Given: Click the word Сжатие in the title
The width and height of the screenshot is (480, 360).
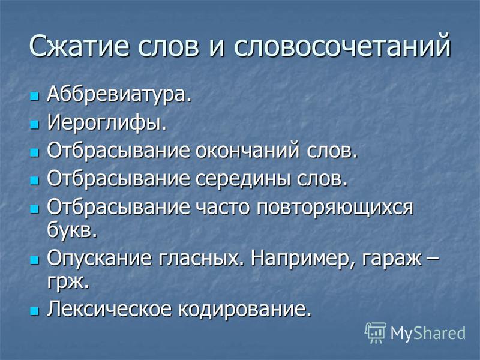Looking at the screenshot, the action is (x=79, y=46).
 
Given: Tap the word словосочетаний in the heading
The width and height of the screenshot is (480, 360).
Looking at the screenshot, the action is (x=342, y=46).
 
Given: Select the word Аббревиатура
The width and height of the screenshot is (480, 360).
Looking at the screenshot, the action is (x=119, y=95).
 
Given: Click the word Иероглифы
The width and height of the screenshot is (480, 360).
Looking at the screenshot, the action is (x=107, y=122).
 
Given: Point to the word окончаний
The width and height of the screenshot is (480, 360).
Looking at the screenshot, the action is (x=247, y=151).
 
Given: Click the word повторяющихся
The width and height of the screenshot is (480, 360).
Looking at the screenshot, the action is (x=335, y=207).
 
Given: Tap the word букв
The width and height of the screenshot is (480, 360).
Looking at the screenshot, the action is (x=72, y=230).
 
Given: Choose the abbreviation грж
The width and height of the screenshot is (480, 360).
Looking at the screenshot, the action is (x=68, y=281).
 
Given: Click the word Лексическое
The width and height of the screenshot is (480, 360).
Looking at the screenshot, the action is (x=110, y=308).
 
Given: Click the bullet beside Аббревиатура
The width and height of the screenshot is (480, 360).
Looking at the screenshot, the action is (x=35, y=97).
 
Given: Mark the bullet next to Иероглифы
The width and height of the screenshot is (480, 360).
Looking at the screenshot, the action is (x=35, y=124).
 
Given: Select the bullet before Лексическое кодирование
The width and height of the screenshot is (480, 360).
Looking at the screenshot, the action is (x=35, y=311).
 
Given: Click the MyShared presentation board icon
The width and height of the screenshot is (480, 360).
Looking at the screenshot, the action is (x=376, y=333).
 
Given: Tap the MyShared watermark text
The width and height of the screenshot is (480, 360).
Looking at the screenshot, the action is (x=428, y=333).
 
